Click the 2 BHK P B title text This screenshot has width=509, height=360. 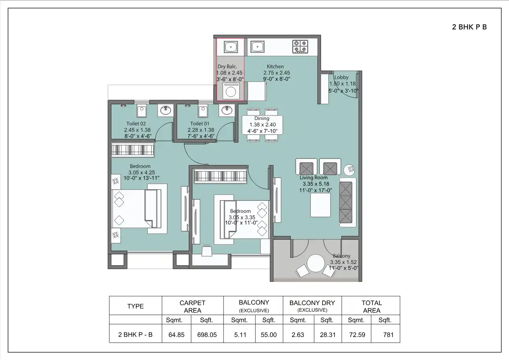[469, 27]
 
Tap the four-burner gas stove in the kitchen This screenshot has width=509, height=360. [300, 47]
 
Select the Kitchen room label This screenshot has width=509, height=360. [275, 67]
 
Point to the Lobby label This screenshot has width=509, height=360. [341, 77]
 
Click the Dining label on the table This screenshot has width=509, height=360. [262, 119]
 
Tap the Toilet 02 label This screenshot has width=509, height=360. [136, 124]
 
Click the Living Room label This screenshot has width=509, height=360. [313, 178]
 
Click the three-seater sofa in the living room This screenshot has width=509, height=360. [346, 202]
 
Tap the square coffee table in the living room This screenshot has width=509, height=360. [320, 205]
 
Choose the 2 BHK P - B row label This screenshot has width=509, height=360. [135, 335]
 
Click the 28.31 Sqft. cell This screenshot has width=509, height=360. [327, 335]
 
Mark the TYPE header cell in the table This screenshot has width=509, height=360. [135, 306]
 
